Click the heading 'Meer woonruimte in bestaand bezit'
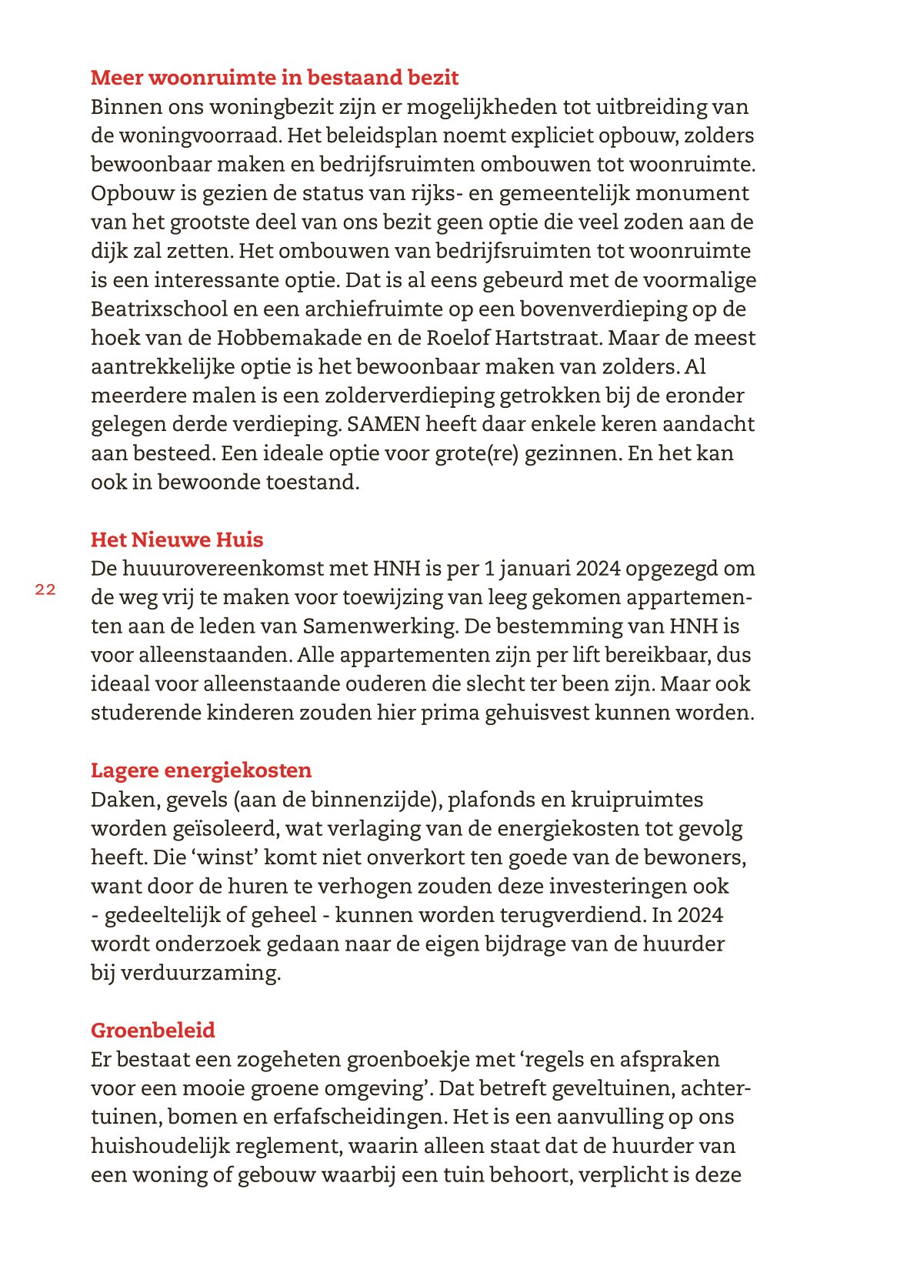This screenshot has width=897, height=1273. click(275, 78)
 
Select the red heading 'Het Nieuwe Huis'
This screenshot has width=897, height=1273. click(177, 540)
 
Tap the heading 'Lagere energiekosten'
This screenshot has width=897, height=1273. click(201, 770)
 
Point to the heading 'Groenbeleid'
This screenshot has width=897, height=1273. click(152, 1031)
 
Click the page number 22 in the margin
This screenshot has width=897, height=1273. click(45, 590)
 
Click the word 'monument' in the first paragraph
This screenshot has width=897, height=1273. click(700, 194)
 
